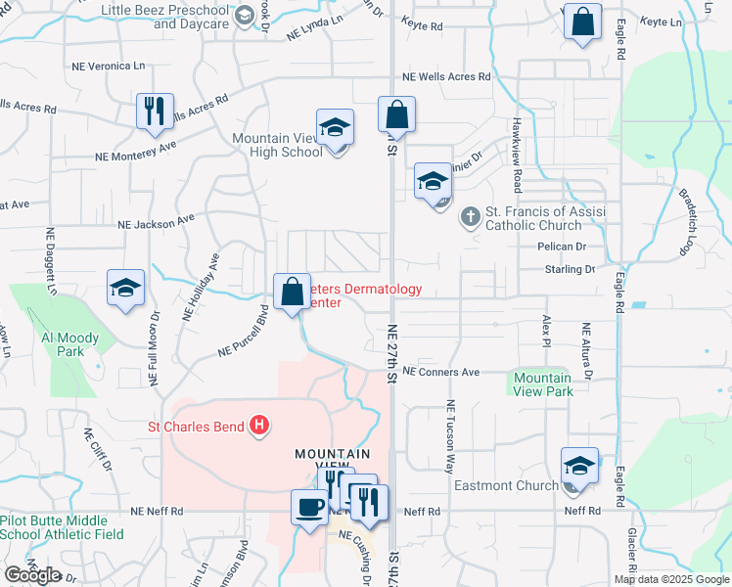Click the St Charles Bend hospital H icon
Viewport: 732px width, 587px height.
(259, 426)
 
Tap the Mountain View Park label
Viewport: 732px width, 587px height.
(542, 384)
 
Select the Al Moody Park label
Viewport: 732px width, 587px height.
(69, 344)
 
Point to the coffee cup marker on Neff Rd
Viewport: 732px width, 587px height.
(310, 509)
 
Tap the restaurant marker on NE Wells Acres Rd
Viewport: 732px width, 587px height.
(155, 113)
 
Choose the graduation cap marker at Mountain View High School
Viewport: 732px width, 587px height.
(335, 129)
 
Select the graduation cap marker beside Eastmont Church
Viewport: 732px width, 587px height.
(579, 468)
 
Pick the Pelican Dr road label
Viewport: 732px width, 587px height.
(560, 247)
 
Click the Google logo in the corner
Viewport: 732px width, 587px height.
(33, 575)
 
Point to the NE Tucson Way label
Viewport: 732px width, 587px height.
(451, 436)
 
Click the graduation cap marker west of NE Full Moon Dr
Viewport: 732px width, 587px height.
(125, 290)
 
